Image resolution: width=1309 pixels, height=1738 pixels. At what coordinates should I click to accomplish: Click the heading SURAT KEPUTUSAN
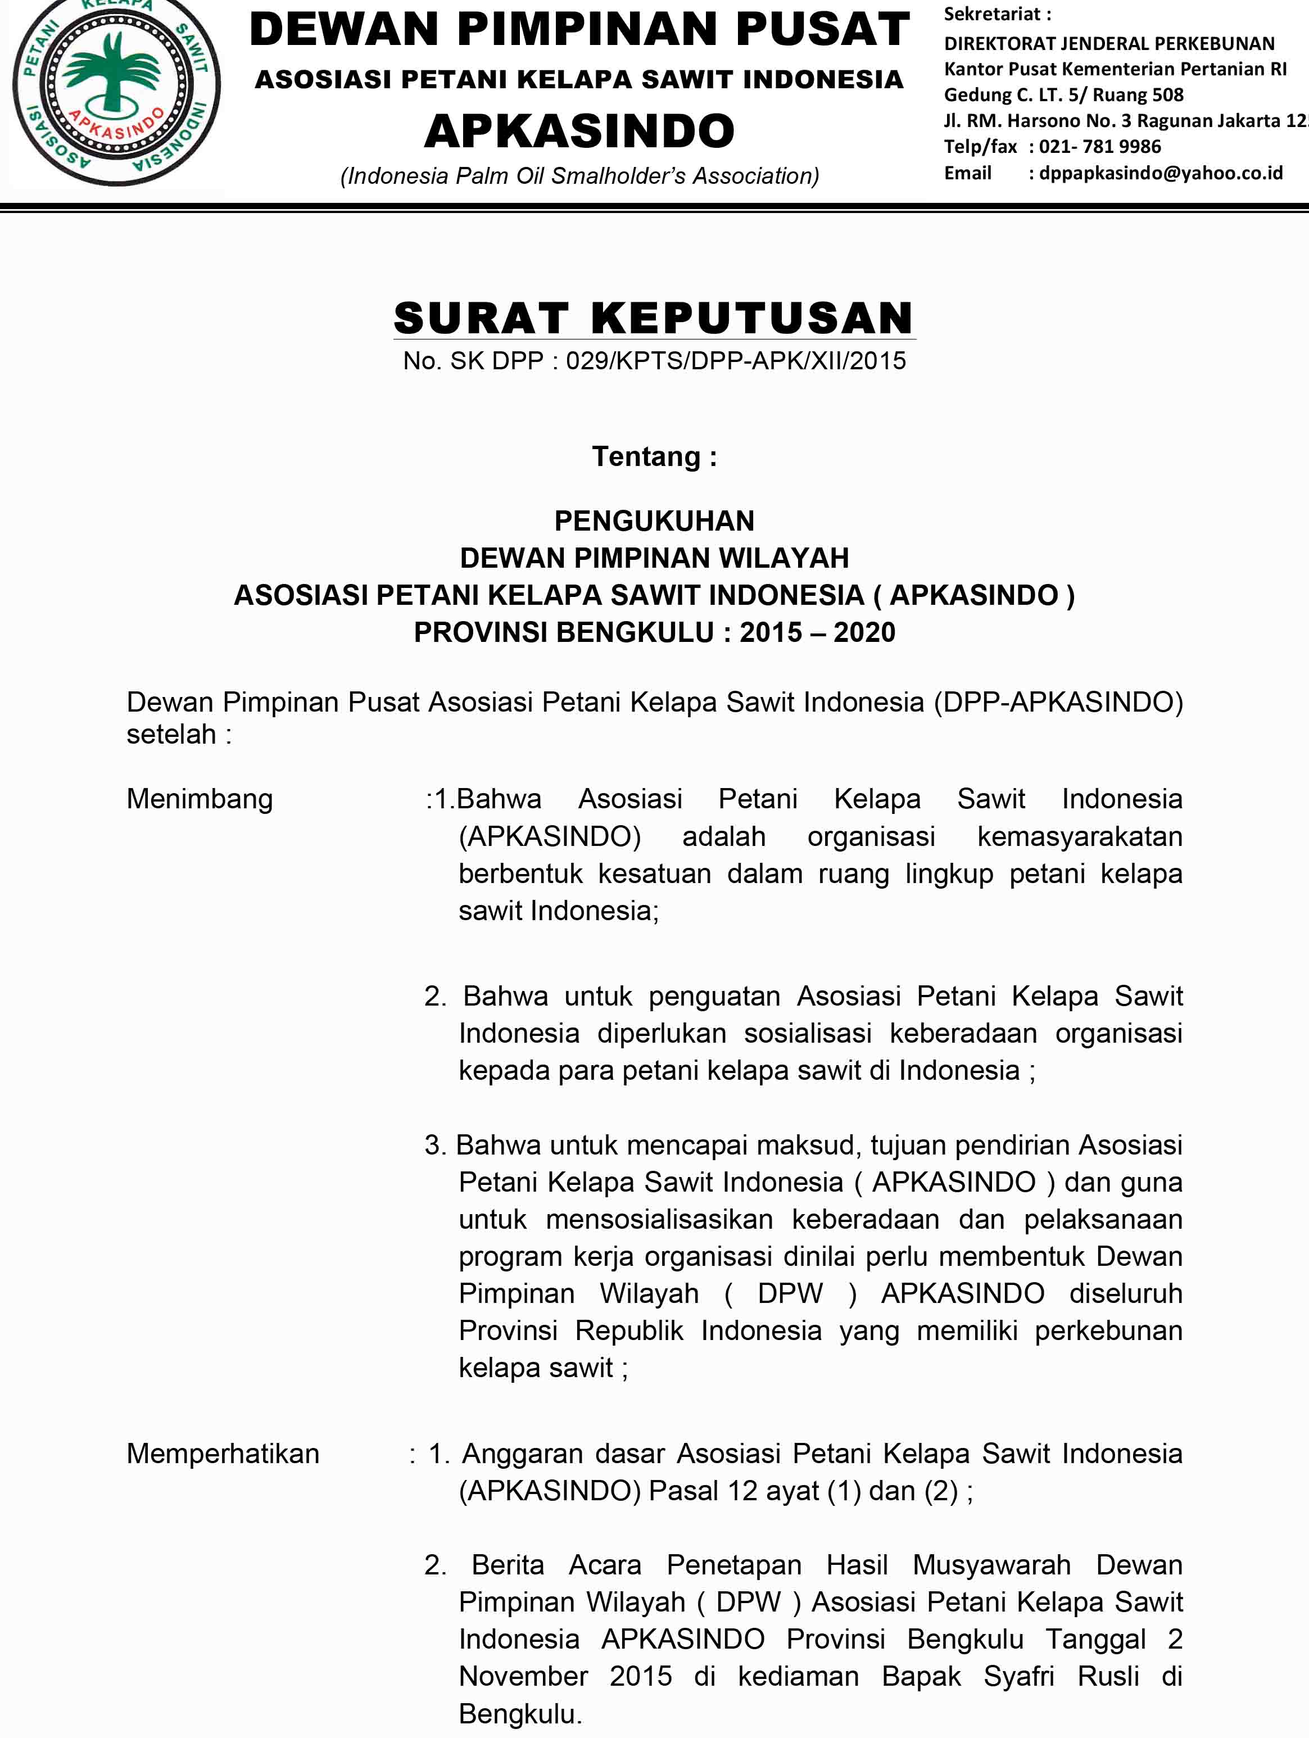[x=654, y=318]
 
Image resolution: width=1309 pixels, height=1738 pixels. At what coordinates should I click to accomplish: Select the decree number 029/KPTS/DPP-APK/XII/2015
[x=735, y=361]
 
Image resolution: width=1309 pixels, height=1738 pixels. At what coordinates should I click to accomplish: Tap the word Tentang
[x=646, y=456]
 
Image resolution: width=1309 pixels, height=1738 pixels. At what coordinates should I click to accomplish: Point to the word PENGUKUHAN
[x=654, y=521]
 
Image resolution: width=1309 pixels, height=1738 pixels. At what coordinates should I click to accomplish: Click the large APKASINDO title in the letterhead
[x=579, y=130]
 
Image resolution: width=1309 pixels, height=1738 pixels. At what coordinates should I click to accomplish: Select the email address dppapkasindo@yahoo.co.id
[x=1161, y=173]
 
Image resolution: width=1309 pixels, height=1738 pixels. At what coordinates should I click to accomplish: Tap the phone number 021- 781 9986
[x=1099, y=147]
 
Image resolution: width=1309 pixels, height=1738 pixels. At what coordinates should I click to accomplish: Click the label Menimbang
[x=200, y=799]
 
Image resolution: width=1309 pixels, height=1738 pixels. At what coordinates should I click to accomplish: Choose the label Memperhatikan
[x=223, y=1454]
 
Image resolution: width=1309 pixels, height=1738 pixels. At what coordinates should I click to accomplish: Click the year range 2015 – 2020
[x=817, y=632]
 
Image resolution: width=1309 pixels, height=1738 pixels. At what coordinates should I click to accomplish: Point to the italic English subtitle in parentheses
[x=579, y=176]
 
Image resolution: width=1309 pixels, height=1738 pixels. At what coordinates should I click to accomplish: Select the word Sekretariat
[x=991, y=14]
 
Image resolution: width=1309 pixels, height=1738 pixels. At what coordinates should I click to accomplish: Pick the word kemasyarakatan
[x=1080, y=837]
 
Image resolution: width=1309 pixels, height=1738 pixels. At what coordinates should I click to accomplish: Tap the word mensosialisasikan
[x=659, y=1219]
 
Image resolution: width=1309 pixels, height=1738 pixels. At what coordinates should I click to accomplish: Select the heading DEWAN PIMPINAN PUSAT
[x=579, y=29]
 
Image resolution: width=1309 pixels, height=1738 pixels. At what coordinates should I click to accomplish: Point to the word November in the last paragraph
[x=523, y=1676]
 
